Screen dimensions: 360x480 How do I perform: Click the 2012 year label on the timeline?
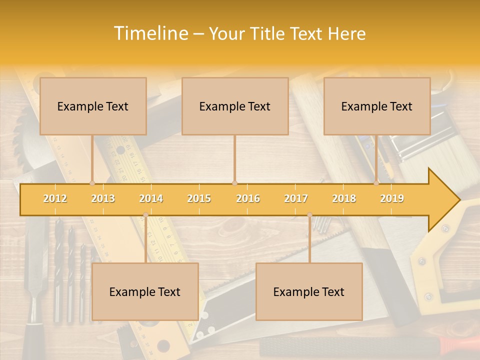click(55, 198)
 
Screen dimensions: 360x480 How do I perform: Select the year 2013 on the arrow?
click(103, 198)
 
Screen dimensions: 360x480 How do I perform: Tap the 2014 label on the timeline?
click(151, 198)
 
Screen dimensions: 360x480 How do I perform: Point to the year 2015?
click(199, 198)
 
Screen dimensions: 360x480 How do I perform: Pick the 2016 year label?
click(248, 198)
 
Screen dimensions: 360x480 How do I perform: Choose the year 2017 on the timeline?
click(296, 198)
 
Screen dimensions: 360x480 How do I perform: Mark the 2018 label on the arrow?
click(344, 198)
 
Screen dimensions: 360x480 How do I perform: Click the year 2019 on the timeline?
click(392, 198)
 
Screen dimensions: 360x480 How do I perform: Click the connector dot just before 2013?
click(92, 183)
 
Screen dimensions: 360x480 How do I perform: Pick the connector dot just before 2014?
click(145, 215)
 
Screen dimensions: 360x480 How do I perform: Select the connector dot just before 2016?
click(234, 183)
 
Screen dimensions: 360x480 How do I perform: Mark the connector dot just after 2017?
click(309, 215)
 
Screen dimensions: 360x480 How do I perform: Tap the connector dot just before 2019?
click(376, 183)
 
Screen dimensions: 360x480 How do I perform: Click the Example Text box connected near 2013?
click(93, 106)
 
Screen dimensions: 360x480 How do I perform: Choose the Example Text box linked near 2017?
click(309, 291)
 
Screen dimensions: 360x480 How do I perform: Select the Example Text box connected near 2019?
click(377, 106)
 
